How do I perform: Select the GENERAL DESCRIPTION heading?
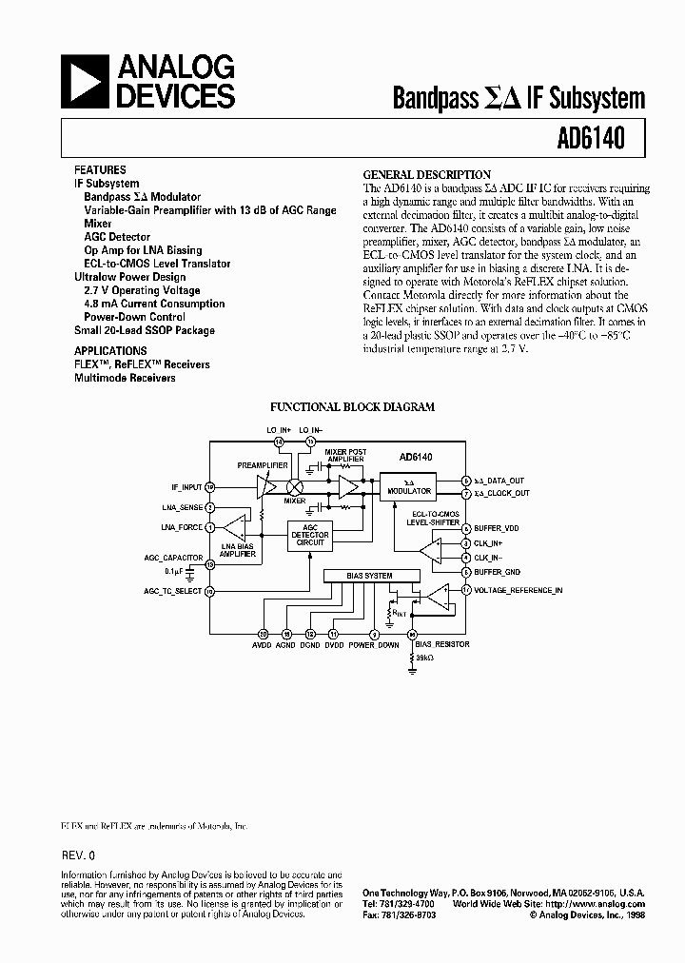pyautogui.click(x=427, y=175)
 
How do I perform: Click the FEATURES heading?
pyautogui.click(x=99, y=169)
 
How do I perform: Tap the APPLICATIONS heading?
pyautogui.click(x=110, y=350)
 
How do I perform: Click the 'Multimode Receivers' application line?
pyautogui.click(x=125, y=378)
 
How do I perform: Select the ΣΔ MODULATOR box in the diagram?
pyautogui.click(x=408, y=486)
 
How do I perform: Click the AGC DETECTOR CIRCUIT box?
pyautogui.click(x=315, y=536)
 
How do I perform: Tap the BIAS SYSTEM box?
pyautogui.click(x=371, y=576)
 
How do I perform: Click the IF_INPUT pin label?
pyautogui.click(x=180, y=486)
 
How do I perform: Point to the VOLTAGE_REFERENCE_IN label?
pyautogui.click(x=519, y=590)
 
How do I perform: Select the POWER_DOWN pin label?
pyautogui.click(x=375, y=645)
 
